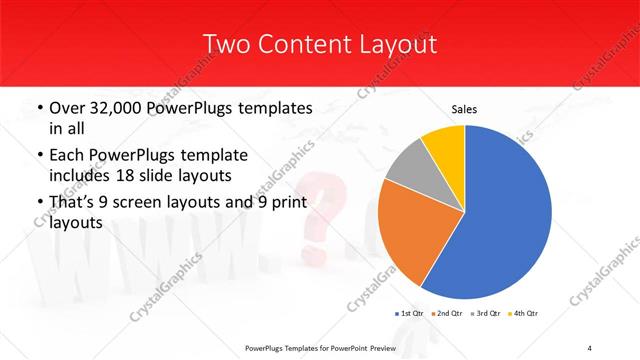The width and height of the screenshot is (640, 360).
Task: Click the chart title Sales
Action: click(x=464, y=109)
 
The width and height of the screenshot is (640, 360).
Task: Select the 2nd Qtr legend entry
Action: click(x=448, y=314)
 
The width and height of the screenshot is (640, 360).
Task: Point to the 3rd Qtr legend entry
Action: click(x=487, y=314)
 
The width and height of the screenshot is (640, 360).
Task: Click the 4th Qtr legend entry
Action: click(x=524, y=314)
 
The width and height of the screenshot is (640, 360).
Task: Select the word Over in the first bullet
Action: click(x=66, y=107)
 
